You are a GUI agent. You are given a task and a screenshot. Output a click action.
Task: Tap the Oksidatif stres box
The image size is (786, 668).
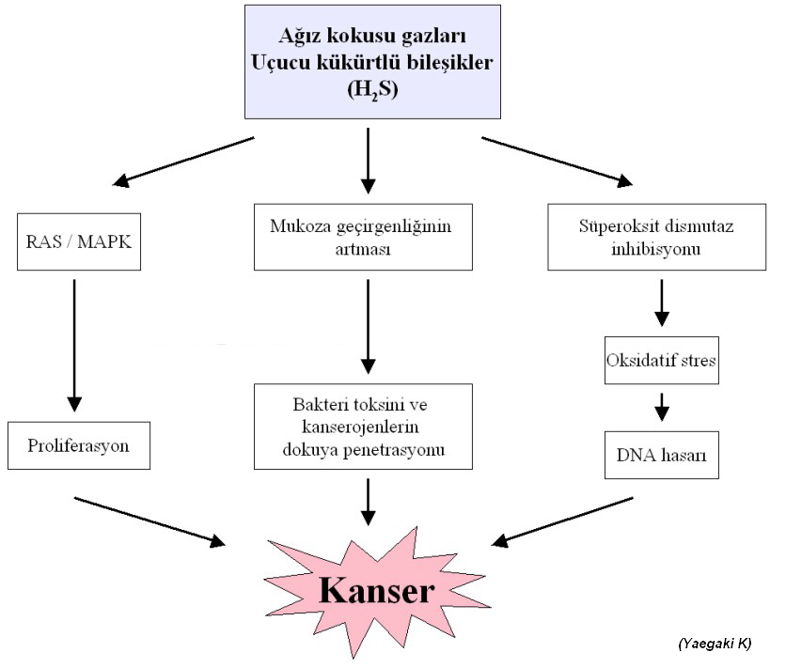661,360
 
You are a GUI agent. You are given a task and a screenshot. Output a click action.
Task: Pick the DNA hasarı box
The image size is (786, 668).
661,456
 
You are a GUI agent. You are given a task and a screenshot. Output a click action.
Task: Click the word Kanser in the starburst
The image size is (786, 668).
376,590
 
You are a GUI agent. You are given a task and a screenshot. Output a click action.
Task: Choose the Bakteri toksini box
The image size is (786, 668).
363,427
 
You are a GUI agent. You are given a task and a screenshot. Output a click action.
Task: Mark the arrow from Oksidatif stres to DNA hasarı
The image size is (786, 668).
662,406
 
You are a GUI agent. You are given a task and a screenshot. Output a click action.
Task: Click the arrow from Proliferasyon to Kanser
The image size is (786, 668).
150,520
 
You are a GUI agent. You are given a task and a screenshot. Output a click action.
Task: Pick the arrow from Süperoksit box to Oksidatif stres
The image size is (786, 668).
662,303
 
